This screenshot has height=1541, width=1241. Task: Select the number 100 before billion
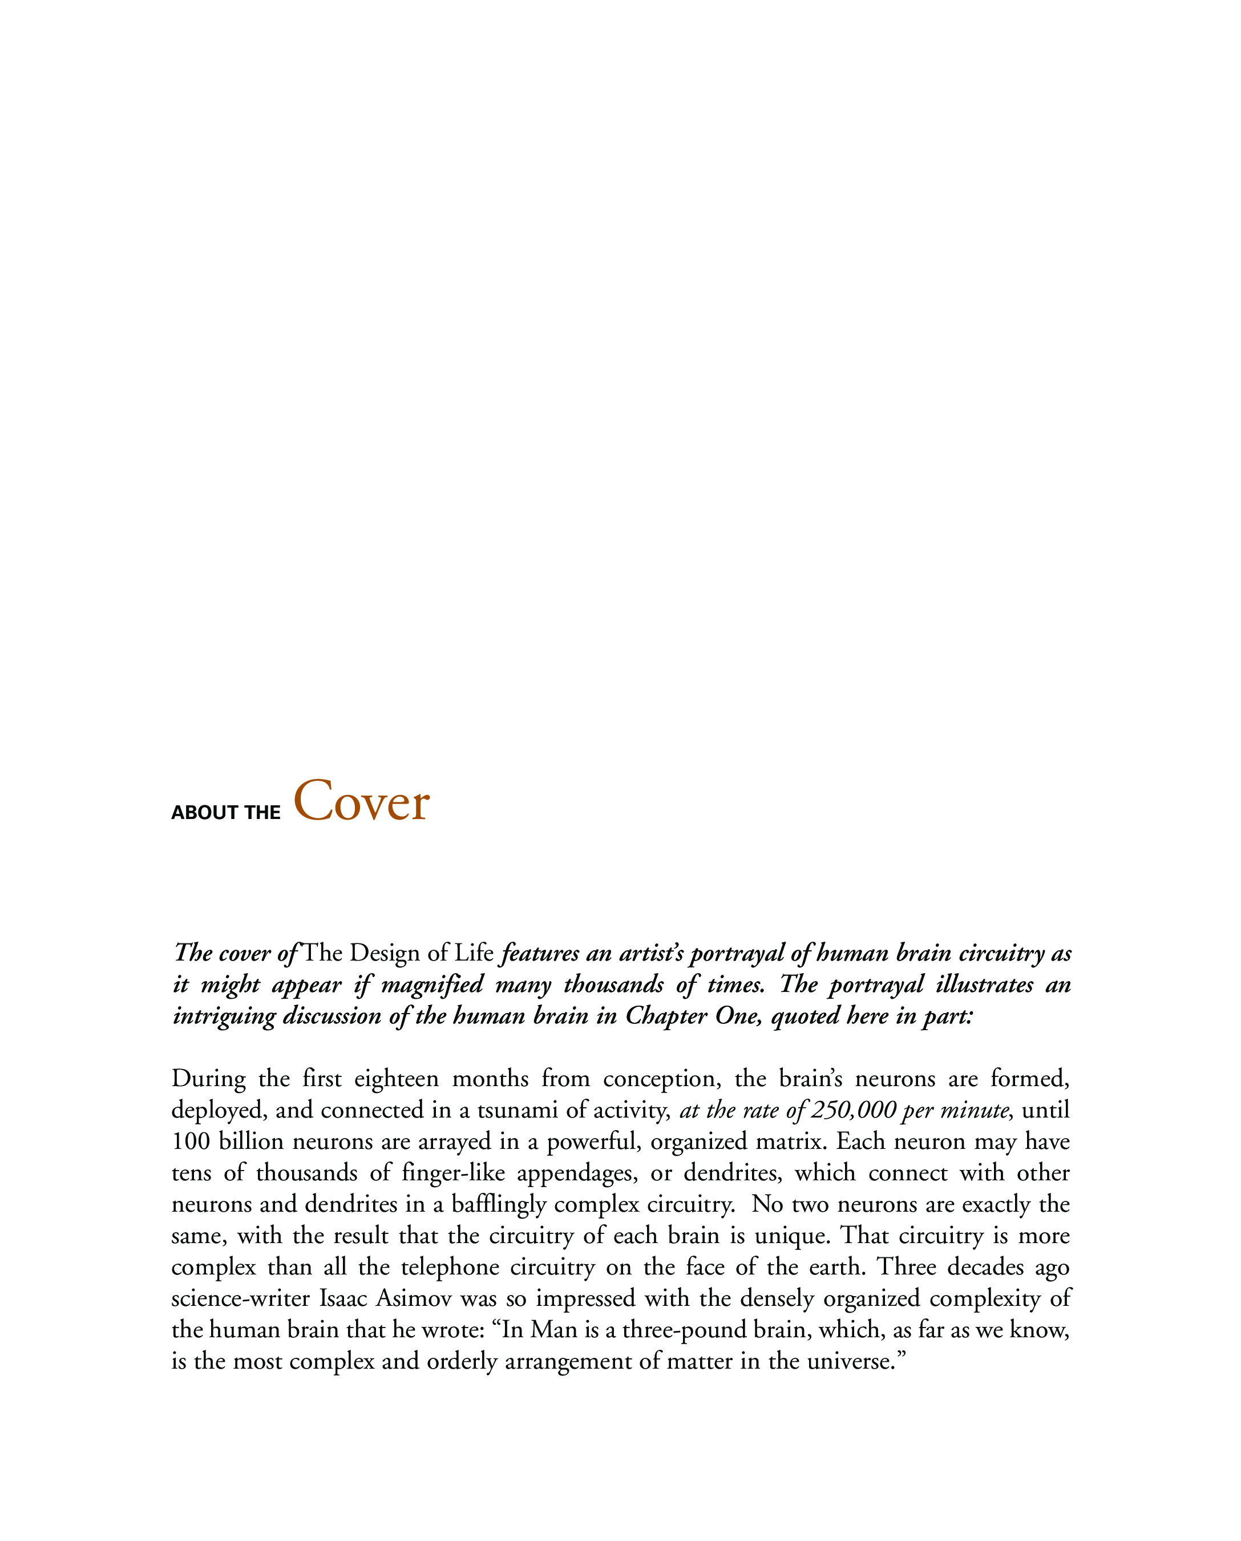pos(191,1141)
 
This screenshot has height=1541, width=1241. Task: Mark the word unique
pos(792,1236)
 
